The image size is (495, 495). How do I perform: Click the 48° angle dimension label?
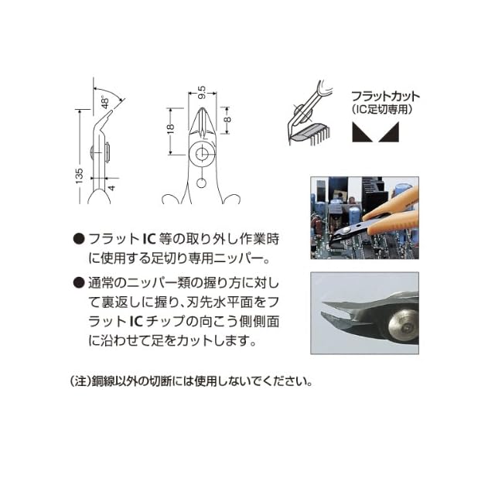coord(105,102)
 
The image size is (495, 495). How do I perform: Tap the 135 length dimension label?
coord(79,176)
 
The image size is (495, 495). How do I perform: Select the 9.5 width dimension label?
coord(202,92)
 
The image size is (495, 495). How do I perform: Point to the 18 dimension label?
coord(170,128)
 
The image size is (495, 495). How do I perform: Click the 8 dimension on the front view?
coord(228,120)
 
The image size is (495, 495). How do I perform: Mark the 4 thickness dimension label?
coord(111,188)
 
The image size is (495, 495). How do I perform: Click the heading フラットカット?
coord(385,96)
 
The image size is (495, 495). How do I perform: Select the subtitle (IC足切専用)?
coord(382,109)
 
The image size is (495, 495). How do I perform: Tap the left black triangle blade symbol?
coord(363,132)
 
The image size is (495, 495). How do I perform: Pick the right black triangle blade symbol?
coord(389,132)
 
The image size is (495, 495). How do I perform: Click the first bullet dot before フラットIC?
coord(79,239)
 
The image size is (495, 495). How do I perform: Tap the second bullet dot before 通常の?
coord(79,282)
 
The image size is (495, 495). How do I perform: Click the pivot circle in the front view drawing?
coord(201,155)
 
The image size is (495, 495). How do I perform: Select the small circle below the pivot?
coord(201,183)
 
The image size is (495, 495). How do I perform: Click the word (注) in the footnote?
coord(78,381)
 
